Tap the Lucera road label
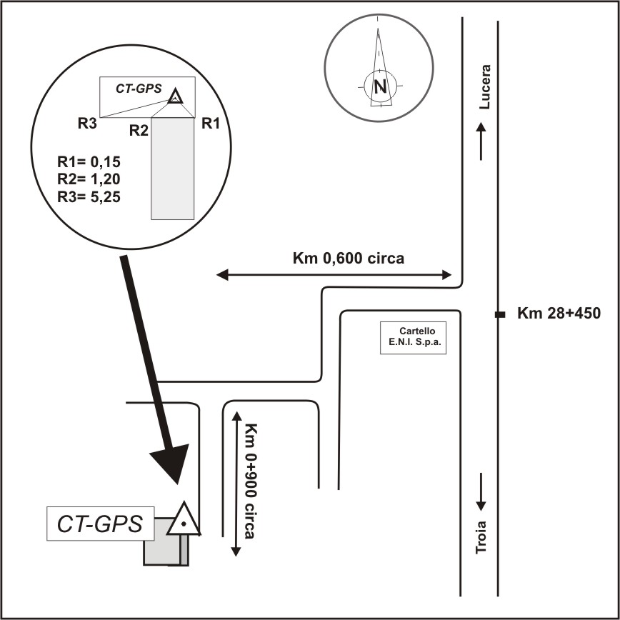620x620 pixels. (486, 87)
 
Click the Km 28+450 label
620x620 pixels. (558, 313)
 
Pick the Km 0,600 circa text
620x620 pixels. (348, 259)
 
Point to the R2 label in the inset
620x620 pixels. (139, 131)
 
